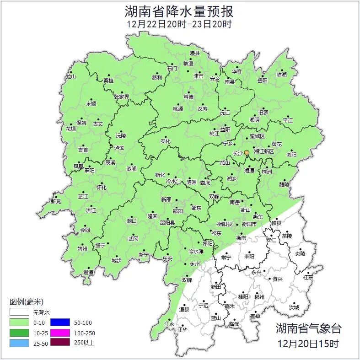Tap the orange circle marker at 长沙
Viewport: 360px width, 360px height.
[247, 152]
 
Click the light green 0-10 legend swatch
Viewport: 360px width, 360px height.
[19, 322]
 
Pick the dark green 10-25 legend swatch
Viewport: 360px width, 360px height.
[19, 333]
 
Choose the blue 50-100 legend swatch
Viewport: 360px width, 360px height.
[60, 322]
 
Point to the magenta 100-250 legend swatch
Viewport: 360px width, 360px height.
[60, 333]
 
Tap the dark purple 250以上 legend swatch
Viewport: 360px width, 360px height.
[60, 342]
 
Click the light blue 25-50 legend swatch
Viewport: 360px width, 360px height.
[19, 342]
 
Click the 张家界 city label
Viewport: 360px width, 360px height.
[122, 97]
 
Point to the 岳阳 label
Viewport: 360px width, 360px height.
[262, 80]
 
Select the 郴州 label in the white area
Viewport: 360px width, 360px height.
[259, 297]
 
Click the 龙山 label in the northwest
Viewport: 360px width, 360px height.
[70, 76]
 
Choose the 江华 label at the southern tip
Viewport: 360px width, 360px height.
[182, 329]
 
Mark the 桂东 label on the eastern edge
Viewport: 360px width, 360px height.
[308, 277]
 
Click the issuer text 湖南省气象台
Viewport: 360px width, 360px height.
[308, 328]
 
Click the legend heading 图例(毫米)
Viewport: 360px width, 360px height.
[27, 302]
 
